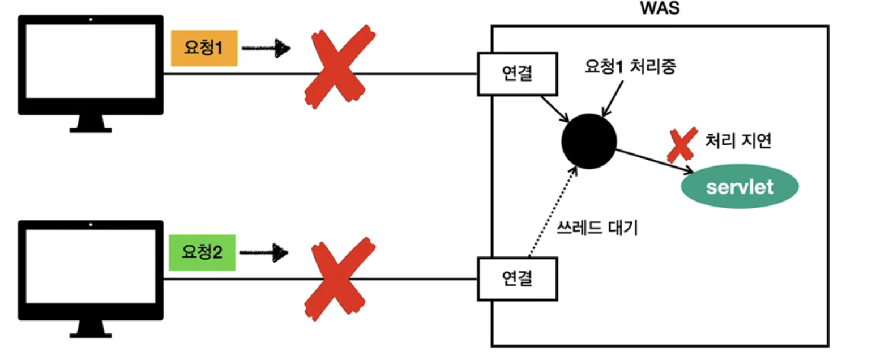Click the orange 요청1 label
click(x=203, y=49)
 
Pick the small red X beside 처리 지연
click(x=682, y=144)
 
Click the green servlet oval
click(x=740, y=187)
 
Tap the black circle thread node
click(x=589, y=141)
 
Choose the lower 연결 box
click(x=518, y=278)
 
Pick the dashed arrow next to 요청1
click(x=265, y=49)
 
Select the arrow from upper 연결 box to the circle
click(x=555, y=109)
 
